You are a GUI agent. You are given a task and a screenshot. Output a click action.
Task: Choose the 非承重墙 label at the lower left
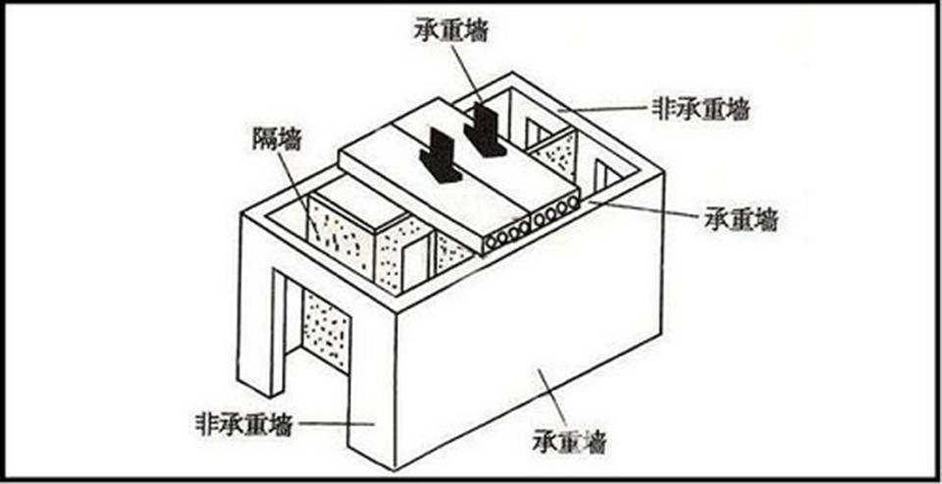(x=242, y=425)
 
